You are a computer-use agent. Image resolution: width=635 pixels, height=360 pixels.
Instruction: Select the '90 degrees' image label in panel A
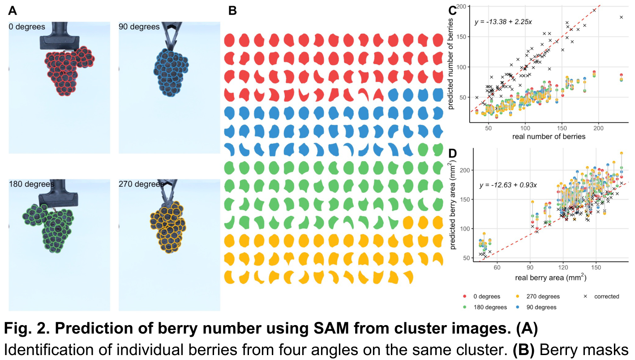pos(139,27)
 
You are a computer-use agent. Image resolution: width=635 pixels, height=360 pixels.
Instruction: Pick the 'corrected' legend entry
pos(602,296)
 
